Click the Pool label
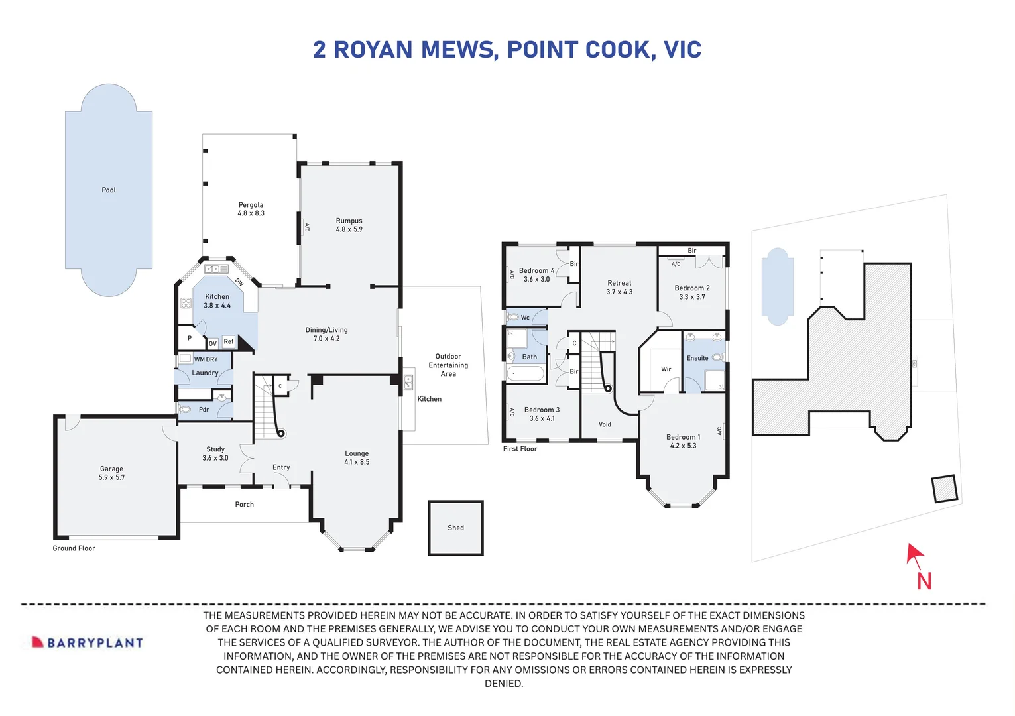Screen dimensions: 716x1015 coord(109,190)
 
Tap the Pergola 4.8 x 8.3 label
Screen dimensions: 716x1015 coord(251,209)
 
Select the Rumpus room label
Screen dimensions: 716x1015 coord(349,225)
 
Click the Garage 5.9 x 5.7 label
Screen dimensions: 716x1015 coord(111,473)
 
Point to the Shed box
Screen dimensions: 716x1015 coord(455,528)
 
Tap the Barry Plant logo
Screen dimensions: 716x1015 coord(88,642)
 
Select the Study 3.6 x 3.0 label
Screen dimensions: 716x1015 coord(215,453)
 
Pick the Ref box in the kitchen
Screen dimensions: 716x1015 coord(229,341)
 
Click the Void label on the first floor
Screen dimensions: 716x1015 coord(605,424)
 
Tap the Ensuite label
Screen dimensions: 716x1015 coord(697,358)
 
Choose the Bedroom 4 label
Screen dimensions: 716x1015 coord(536,275)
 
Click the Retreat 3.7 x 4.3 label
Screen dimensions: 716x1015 coord(619,287)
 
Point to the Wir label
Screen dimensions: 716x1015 coord(666,369)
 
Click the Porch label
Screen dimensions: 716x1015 coord(244,505)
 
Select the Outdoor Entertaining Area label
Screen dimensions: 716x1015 coord(448,365)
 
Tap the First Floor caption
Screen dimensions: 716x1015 coord(520,449)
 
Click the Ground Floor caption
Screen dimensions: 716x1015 coord(74,548)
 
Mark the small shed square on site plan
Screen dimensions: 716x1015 coord(944,489)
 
